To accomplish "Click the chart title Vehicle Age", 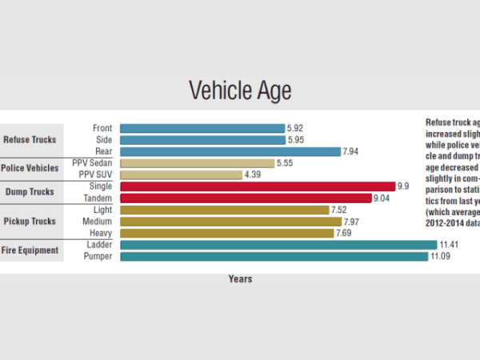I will pos(240,90).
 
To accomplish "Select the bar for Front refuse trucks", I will pos(202,127).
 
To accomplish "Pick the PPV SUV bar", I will pos(181,174).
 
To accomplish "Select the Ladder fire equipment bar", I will pos(278,244).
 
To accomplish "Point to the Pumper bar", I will pos(274,256).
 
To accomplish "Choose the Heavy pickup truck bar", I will pos(226,233).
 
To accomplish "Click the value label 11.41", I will pos(449,244).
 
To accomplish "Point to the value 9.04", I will pos(383,198).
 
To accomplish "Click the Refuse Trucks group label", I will pos(30,139).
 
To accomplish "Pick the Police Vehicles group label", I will pos(30,169).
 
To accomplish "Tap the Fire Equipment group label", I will pos(30,250).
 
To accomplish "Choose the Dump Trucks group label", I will pos(30,192).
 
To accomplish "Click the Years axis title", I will pos(240,279).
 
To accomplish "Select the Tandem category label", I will pos(98,198).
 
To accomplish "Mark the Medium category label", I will pos(98,222).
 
